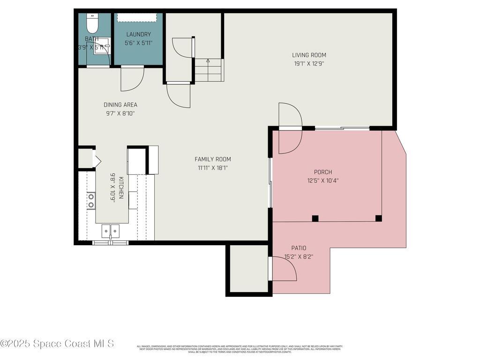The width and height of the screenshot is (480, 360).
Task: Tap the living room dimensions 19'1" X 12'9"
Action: pos(309,63)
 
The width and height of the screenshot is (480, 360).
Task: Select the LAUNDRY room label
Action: pos(138,34)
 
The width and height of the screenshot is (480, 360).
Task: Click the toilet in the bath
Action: pos(92,22)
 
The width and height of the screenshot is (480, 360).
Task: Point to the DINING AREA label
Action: pos(120,105)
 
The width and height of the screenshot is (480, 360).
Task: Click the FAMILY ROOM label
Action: pos(213,159)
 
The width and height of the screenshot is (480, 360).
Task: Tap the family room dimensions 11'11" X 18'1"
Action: pos(213,167)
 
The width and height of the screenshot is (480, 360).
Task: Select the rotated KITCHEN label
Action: pos(121,187)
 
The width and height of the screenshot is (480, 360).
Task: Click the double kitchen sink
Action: pos(111,231)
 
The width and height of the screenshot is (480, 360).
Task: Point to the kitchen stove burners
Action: pos(91,200)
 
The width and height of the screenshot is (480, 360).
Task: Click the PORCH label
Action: pos(323,172)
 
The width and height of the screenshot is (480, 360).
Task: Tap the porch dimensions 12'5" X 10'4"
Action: pos(323,180)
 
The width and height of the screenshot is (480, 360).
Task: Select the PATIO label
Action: pos(299,248)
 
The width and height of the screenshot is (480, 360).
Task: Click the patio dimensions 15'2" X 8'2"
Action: pos(299,256)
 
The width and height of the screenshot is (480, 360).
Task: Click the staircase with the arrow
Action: pos(209,70)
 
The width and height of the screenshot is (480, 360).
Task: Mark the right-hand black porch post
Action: pos(379,218)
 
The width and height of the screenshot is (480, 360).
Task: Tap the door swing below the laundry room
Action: pos(131,79)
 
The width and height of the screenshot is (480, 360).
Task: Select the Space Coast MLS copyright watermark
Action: pos(57,344)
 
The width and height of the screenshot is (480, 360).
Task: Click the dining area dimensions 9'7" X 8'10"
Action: pos(120,113)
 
